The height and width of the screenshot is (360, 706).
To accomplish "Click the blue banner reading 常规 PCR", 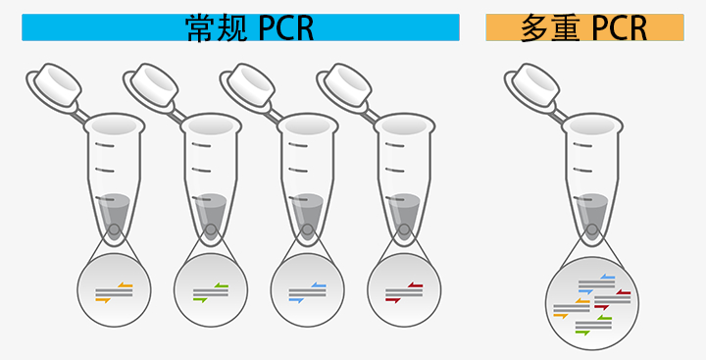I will pyautogui.click(x=240, y=27).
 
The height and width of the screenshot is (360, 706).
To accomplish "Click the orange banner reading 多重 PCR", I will pyautogui.click(x=584, y=27).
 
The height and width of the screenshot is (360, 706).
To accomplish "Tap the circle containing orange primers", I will pyautogui.click(x=115, y=290).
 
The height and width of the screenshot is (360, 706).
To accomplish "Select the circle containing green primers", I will pyautogui.click(x=211, y=290).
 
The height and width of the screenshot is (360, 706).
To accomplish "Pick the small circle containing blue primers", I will pyautogui.click(x=308, y=290).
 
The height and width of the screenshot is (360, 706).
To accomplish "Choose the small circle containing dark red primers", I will pyautogui.click(x=404, y=290).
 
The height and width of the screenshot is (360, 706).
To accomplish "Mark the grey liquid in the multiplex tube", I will pyautogui.click(x=591, y=210).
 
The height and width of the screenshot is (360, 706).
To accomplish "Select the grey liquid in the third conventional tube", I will pyautogui.click(x=307, y=210).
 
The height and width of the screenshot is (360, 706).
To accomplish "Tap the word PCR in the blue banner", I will pyautogui.click(x=286, y=27).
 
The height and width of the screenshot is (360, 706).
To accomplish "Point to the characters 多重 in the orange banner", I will pyautogui.click(x=553, y=27).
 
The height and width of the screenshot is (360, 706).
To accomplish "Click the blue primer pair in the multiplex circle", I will pyautogui.click(x=594, y=285).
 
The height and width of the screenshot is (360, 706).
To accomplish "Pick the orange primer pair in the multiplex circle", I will pyautogui.click(x=566, y=310).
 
